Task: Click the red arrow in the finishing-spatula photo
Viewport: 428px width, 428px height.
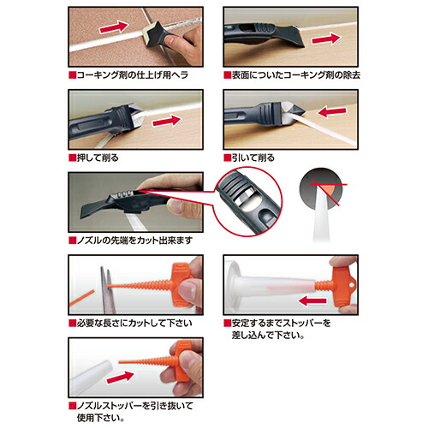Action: pos(114,27)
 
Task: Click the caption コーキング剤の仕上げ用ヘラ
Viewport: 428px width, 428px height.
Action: pos(133,75)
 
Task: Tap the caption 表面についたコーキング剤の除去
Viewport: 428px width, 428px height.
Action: pos(296,75)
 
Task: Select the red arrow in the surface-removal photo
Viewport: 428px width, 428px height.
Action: pos(326,39)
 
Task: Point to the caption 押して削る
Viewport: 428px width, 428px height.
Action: pos(98,158)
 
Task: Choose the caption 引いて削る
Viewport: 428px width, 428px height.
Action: pos(253,158)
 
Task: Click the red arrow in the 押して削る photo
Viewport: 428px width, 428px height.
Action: pos(167,121)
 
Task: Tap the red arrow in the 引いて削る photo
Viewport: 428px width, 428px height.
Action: pos(332,112)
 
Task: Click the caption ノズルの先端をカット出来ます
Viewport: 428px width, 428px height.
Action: pos(134,241)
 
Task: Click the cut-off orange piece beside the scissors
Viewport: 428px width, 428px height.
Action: pos(81,298)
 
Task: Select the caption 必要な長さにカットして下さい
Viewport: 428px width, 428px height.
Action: pos(134,324)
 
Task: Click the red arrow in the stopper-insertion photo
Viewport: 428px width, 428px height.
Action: pos(312,300)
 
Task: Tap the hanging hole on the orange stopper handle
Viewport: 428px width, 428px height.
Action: pos(354,285)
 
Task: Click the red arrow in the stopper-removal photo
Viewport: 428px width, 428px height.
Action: pos(120,377)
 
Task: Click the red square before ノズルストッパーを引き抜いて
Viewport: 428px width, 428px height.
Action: pos(73,406)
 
